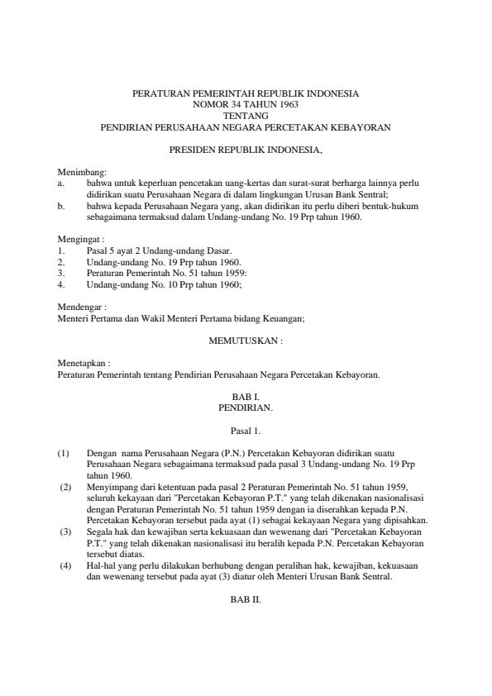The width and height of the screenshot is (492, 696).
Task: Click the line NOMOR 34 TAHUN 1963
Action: [x=246, y=106]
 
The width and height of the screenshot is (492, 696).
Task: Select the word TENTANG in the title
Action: [x=246, y=117]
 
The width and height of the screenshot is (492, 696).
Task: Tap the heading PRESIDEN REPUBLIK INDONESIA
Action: [x=246, y=151]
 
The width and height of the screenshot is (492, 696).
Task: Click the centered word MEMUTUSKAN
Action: [x=246, y=340]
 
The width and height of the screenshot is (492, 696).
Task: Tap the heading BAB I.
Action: [x=246, y=397]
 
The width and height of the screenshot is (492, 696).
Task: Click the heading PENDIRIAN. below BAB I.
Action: [x=246, y=408]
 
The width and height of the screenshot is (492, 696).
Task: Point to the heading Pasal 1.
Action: [x=246, y=430]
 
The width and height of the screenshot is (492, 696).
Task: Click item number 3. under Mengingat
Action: [x=62, y=272]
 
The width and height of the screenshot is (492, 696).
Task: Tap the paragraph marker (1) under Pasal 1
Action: [x=64, y=454]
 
